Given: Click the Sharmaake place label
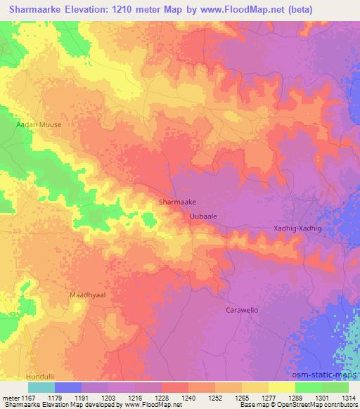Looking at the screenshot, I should click(x=177, y=202).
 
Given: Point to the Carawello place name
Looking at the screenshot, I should click(x=243, y=309).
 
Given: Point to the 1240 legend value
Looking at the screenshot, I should click(x=188, y=398).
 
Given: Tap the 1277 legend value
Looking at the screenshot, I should click(x=267, y=398).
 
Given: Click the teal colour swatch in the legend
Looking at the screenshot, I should click(x=41, y=387).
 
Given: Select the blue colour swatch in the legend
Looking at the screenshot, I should click(x=68, y=387).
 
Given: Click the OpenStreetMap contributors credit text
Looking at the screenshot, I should click(x=309, y=405).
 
